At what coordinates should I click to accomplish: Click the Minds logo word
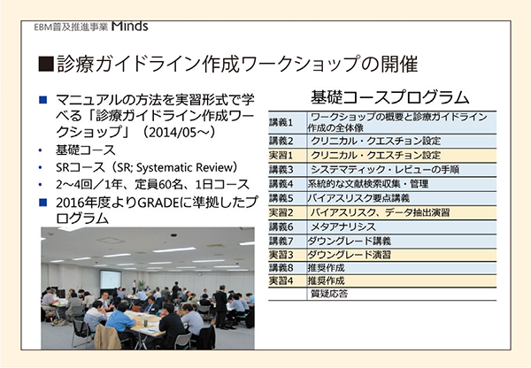[130, 27]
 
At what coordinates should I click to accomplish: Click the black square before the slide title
[46, 64]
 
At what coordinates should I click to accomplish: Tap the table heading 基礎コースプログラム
[389, 97]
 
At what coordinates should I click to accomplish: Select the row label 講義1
[281, 122]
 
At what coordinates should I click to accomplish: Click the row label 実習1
[281, 155]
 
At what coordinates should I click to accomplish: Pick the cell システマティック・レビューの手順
[385, 169]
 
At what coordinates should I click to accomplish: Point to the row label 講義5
[281, 198]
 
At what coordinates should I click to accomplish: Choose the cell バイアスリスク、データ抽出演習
[380, 212]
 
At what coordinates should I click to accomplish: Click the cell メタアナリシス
[343, 226]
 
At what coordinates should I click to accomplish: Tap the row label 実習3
[281, 255]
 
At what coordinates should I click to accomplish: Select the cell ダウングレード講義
[350, 241]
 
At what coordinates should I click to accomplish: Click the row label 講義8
[281, 268]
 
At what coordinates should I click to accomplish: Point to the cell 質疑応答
[329, 294]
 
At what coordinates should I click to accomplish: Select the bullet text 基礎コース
[86, 150]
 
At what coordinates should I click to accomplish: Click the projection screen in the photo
[110, 280]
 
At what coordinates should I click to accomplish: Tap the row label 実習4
[281, 280]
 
